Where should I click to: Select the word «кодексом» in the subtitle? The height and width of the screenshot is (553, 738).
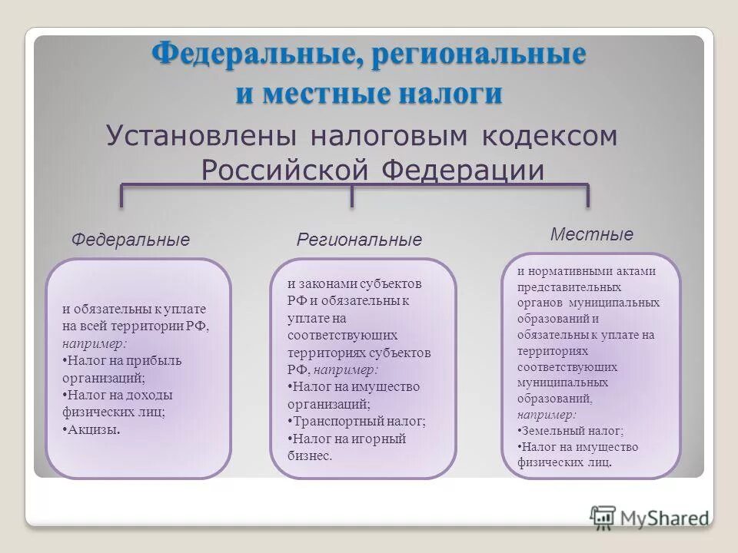pyautogui.click(x=550, y=136)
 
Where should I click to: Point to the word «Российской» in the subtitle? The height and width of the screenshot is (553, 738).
pyautogui.click(x=287, y=170)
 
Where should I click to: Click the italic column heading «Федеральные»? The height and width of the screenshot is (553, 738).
pyautogui.click(x=130, y=240)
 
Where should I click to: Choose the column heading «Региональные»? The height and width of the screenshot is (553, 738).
pyautogui.click(x=359, y=240)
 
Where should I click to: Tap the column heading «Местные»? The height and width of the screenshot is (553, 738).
pyautogui.click(x=592, y=234)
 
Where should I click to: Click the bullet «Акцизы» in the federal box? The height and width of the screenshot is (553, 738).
pyautogui.click(x=93, y=430)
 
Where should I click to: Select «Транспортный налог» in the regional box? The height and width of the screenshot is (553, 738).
pyautogui.click(x=358, y=421)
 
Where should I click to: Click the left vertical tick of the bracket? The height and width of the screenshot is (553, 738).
pyautogui.click(x=121, y=196)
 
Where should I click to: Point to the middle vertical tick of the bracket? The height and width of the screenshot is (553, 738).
pyautogui.click(x=352, y=196)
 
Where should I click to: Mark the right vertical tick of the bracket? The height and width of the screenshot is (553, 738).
pyautogui.click(x=588, y=196)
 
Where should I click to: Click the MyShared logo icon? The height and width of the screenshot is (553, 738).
pyautogui.click(x=603, y=517)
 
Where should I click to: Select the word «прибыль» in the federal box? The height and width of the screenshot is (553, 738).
pyautogui.click(x=155, y=360)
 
